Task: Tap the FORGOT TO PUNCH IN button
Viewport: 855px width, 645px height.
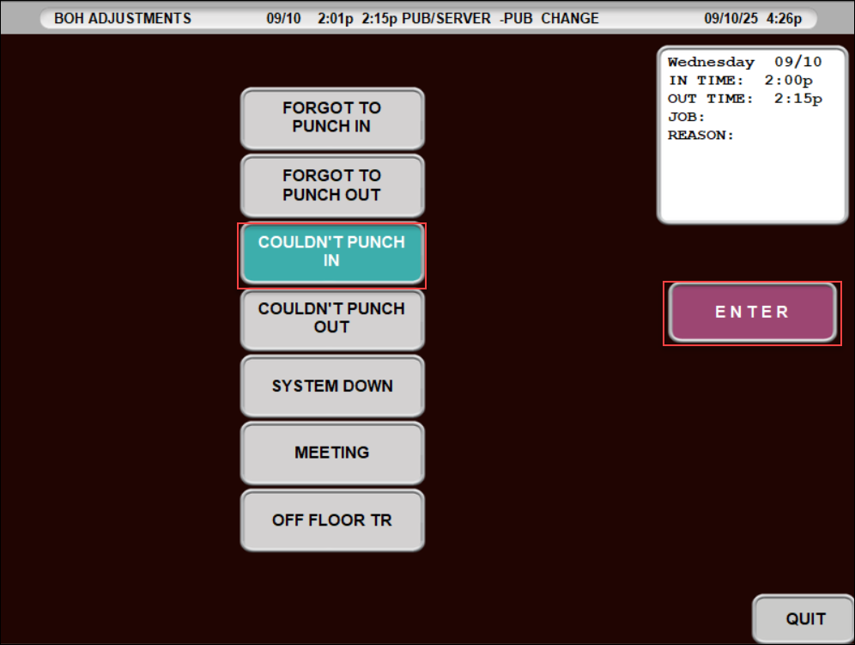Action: tap(332, 118)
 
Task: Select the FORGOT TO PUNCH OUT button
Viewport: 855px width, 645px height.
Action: tap(332, 186)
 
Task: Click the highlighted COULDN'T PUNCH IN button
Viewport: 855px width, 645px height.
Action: tap(332, 253)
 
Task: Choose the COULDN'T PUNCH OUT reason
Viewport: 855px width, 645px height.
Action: tap(332, 319)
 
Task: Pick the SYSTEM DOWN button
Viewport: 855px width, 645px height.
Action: tap(332, 386)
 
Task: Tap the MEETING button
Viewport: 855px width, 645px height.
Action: tap(332, 453)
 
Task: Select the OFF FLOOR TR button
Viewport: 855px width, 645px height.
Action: tap(332, 520)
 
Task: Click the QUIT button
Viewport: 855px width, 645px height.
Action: tap(803, 619)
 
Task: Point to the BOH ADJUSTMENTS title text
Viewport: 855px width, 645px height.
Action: tap(123, 19)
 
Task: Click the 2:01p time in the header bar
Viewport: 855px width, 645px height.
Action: tap(336, 19)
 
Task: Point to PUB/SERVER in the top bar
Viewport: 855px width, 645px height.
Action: tap(446, 19)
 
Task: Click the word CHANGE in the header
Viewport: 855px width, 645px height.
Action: tap(570, 19)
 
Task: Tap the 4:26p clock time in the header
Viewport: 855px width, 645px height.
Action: tap(784, 19)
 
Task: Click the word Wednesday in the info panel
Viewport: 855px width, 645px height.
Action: tap(711, 62)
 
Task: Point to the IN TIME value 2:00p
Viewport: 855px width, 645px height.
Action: tap(789, 80)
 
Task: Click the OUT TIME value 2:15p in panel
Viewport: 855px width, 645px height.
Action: tap(798, 99)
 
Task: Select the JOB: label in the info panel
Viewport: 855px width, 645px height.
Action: tap(687, 117)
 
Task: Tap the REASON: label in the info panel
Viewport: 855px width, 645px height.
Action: tap(700, 136)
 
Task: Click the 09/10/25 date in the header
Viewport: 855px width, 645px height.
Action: tap(731, 19)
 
